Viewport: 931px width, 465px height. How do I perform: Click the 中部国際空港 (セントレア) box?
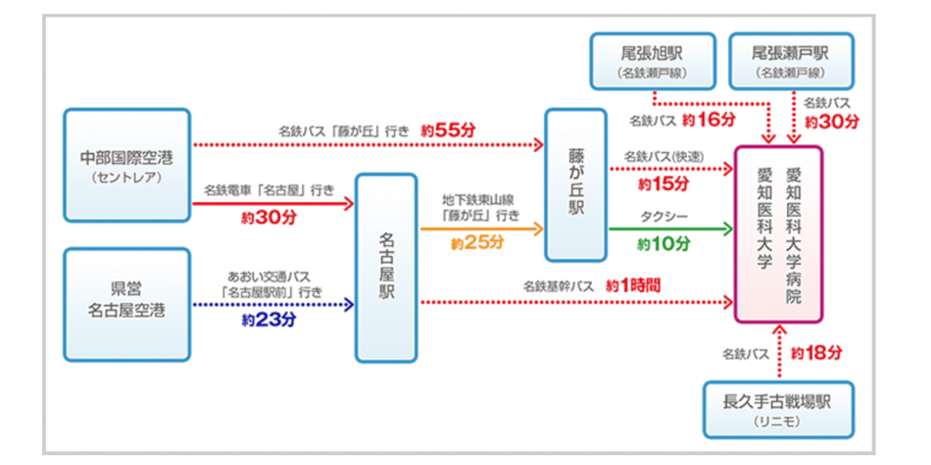point(127,164)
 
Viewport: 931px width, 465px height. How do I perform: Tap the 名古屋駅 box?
point(387,267)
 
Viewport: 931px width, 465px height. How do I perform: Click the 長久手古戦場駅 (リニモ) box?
point(779,409)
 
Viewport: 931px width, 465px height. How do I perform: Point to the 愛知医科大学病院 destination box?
point(779,233)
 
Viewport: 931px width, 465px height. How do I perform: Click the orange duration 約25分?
point(477,242)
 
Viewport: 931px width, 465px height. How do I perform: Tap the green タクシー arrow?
point(670,229)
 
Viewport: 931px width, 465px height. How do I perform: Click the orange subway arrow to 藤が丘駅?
point(481,229)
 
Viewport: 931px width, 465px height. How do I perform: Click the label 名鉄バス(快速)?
point(663,155)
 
